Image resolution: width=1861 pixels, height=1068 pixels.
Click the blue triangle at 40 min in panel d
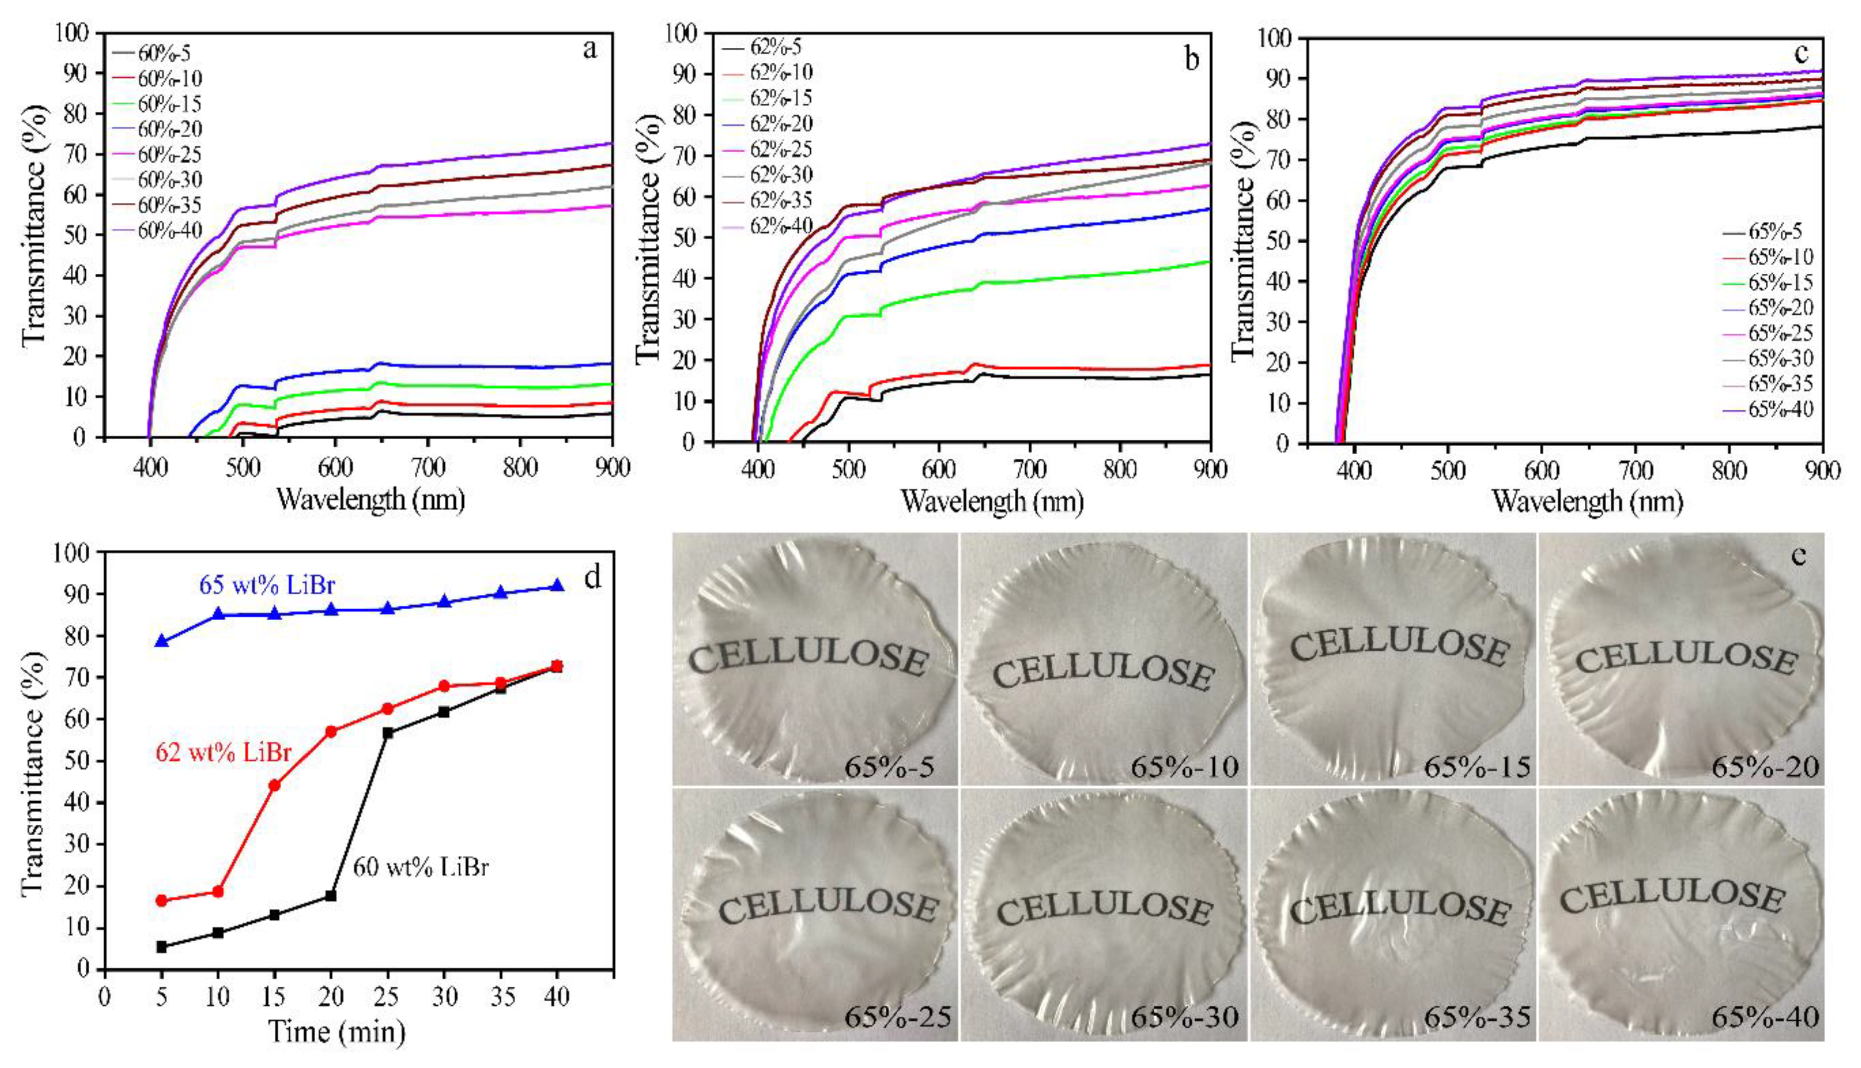pyautogui.click(x=557, y=585)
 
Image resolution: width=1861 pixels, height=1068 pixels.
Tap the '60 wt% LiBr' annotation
pyautogui.click(x=420, y=868)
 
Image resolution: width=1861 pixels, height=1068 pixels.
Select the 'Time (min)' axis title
pyautogui.click(x=337, y=1031)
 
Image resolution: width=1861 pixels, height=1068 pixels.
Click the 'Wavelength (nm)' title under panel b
pyautogui.click(x=992, y=502)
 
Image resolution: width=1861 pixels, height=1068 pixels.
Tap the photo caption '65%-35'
pyautogui.click(x=1477, y=1017)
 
